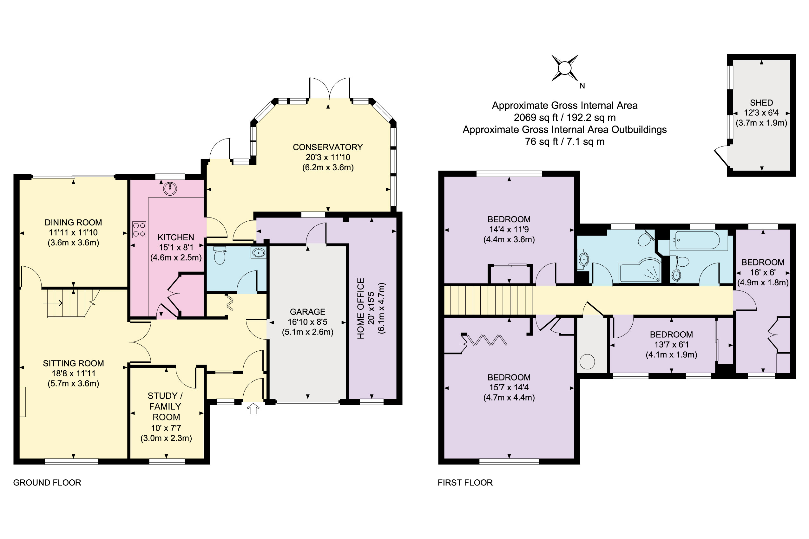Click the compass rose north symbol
[565, 68]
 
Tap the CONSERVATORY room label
[328, 147]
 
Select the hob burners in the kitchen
[139, 230]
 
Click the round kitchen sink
[170, 188]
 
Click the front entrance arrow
[253, 409]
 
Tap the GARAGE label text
[307, 312]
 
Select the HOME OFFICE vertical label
[360, 308]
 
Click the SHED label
[761, 103]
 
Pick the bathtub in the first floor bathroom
[698, 240]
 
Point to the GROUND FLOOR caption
[47, 483]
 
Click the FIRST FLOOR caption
[465, 483]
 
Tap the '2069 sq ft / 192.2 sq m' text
[564, 118]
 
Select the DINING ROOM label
[73, 222]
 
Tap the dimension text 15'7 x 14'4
[509, 387]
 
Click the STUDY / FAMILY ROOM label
[166, 406]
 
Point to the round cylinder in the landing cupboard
[587, 362]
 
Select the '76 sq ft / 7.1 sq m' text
[564, 142]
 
